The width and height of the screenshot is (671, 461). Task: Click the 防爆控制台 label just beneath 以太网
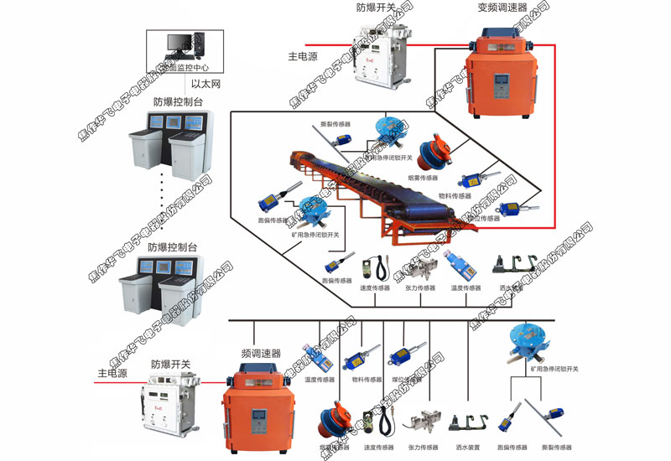179,102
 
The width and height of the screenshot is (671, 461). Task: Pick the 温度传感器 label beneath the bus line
320,380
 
